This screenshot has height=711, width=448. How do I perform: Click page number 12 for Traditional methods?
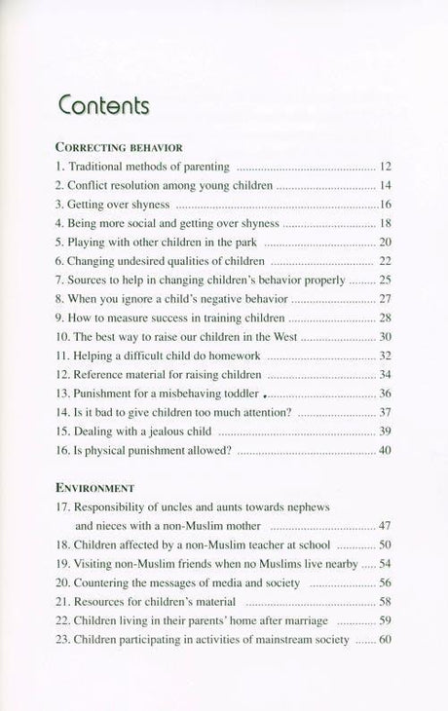tap(385, 168)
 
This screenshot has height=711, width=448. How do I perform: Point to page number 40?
tap(385, 451)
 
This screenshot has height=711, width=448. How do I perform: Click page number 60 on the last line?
tap(385, 640)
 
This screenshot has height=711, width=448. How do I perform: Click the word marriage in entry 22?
tap(310, 621)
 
